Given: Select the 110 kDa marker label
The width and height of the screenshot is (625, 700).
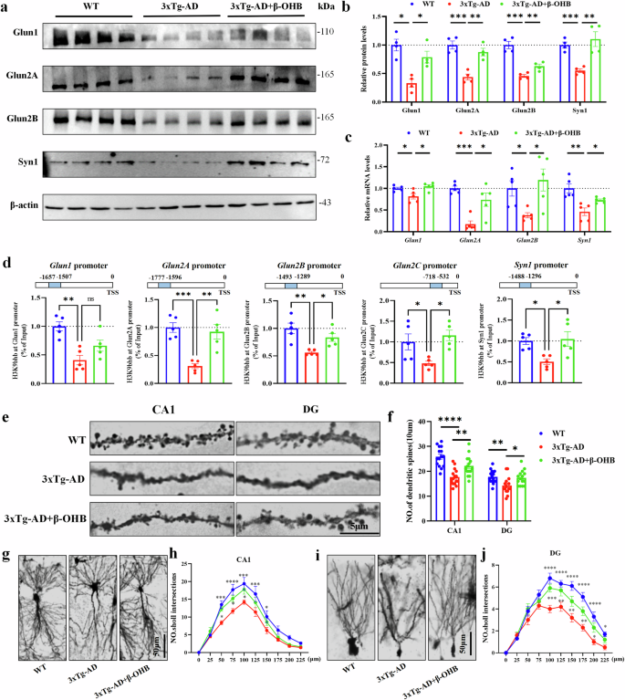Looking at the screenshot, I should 325,32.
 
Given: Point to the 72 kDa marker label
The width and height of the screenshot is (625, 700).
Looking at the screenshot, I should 322,161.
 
